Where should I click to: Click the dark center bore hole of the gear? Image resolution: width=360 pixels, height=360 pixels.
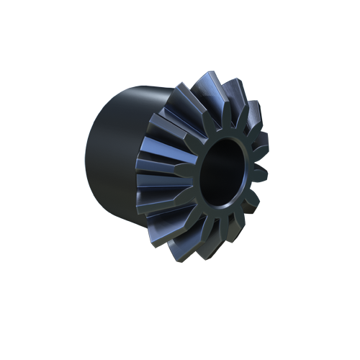(225, 173)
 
